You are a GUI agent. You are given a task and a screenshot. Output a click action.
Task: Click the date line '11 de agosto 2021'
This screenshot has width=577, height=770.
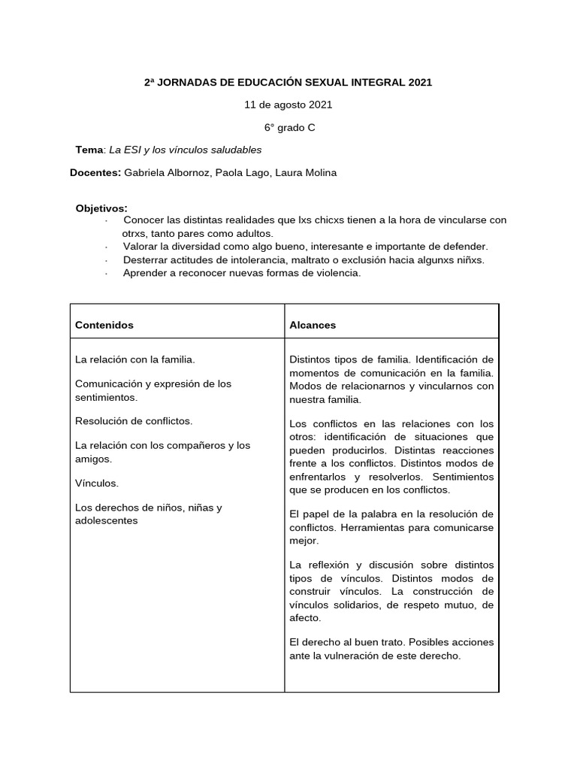(288, 105)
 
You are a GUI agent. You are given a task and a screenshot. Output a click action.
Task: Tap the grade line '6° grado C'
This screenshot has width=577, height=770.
(288, 127)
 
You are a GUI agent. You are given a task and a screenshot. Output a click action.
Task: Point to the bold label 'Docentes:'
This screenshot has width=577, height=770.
(95, 172)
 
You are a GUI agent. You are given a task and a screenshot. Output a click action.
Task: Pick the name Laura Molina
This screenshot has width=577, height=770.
(306, 172)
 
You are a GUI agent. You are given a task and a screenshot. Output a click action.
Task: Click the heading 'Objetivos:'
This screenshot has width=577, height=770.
(101, 208)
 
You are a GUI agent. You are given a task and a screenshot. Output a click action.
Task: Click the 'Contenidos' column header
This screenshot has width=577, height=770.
(104, 325)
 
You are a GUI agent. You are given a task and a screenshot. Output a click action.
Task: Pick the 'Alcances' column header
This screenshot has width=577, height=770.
(313, 325)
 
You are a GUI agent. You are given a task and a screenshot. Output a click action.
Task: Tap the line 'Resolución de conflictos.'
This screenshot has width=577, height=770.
(134, 420)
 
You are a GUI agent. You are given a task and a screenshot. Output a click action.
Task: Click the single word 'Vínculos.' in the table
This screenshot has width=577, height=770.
(98, 482)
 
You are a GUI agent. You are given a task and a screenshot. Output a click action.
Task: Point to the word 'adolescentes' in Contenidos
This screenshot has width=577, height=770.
(107, 520)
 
